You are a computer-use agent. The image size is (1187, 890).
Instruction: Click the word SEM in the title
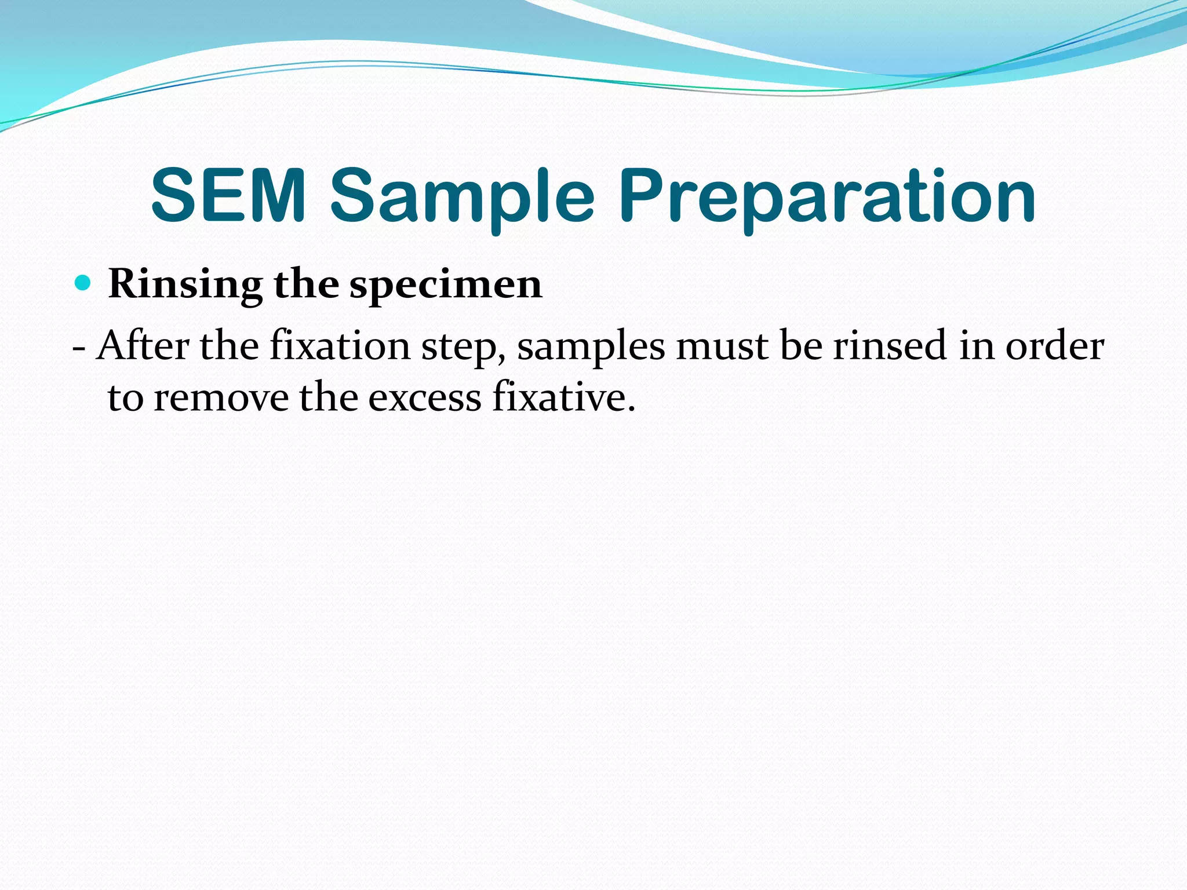pos(228,195)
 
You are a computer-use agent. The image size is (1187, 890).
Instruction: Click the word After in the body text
pos(143,345)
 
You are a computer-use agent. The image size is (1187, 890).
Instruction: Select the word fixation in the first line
pos(340,346)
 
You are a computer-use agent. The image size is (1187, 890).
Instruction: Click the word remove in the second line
pos(221,399)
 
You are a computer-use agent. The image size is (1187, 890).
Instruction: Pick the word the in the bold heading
pos(306,284)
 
